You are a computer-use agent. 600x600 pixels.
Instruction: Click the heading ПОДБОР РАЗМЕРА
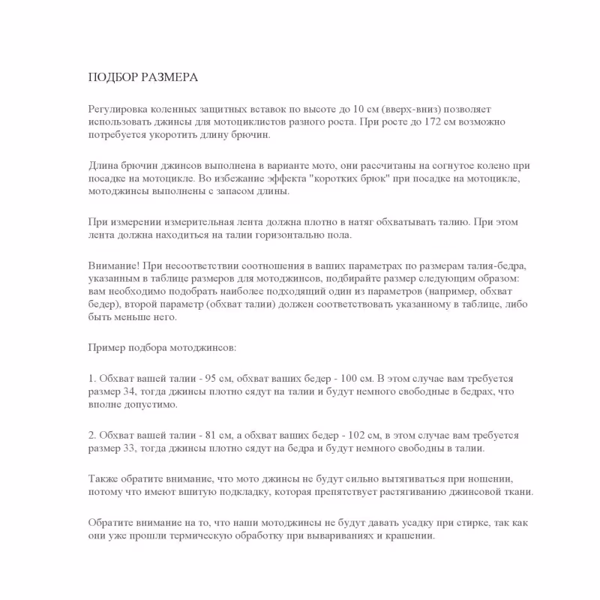pyautogui.click(x=143, y=77)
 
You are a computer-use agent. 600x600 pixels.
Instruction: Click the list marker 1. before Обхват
pyautogui.click(x=92, y=376)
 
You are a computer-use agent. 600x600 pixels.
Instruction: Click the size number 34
pyautogui.click(x=136, y=391)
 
